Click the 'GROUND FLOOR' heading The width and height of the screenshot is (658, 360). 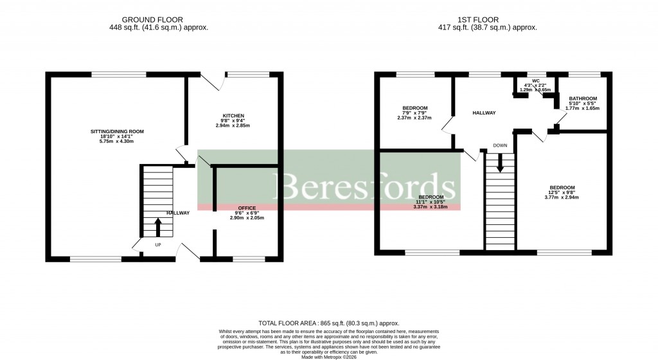(x=159, y=20)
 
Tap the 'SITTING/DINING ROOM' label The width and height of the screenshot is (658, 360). (x=117, y=131)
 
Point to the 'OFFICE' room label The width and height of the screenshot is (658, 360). (x=247, y=208)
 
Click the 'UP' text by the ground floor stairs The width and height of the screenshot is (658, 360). (x=158, y=244)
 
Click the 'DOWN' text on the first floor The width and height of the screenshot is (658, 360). (x=501, y=145)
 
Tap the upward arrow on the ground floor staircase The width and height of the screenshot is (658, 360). (x=158, y=228)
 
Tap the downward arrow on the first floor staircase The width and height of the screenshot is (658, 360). (x=500, y=165)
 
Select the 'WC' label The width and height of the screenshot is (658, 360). (x=535, y=81)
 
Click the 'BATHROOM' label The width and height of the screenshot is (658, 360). (x=583, y=98)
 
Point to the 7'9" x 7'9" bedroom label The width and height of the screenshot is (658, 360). (x=415, y=108)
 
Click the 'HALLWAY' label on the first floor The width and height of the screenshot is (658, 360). (x=484, y=113)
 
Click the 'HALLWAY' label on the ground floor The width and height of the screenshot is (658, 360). (x=178, y=213)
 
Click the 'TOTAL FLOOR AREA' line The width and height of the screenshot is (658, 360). (x=328, y=323)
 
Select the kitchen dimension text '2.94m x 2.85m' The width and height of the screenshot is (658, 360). (x=233, y=126)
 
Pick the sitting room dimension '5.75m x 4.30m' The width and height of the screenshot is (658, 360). (x=117, y=141)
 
